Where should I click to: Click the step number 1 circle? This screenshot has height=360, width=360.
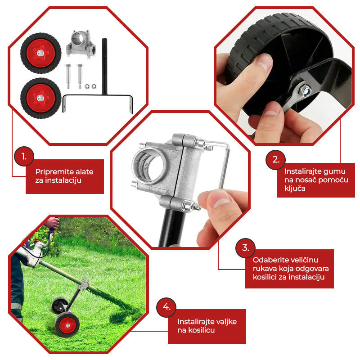click(x=24, y=156)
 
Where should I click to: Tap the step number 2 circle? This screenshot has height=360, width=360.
click(x=275, y=160)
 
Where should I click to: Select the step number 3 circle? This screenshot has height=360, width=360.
click(x=245, y=248)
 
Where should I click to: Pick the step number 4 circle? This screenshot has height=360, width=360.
click(x=166, y=307)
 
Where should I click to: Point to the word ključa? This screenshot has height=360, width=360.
click(x=295, y=189)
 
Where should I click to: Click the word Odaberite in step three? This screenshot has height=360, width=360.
click(x=267, y=260)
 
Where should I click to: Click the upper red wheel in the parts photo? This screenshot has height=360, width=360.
click(x=40, y=53)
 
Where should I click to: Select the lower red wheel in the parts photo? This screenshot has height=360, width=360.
click(x=40, y=98)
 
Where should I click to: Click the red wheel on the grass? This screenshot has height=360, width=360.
click(x=67, y=325)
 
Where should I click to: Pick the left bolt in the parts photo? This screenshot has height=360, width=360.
click(x=68, y=76)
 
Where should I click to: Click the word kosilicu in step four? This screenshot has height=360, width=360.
click(x=201, y=330)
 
